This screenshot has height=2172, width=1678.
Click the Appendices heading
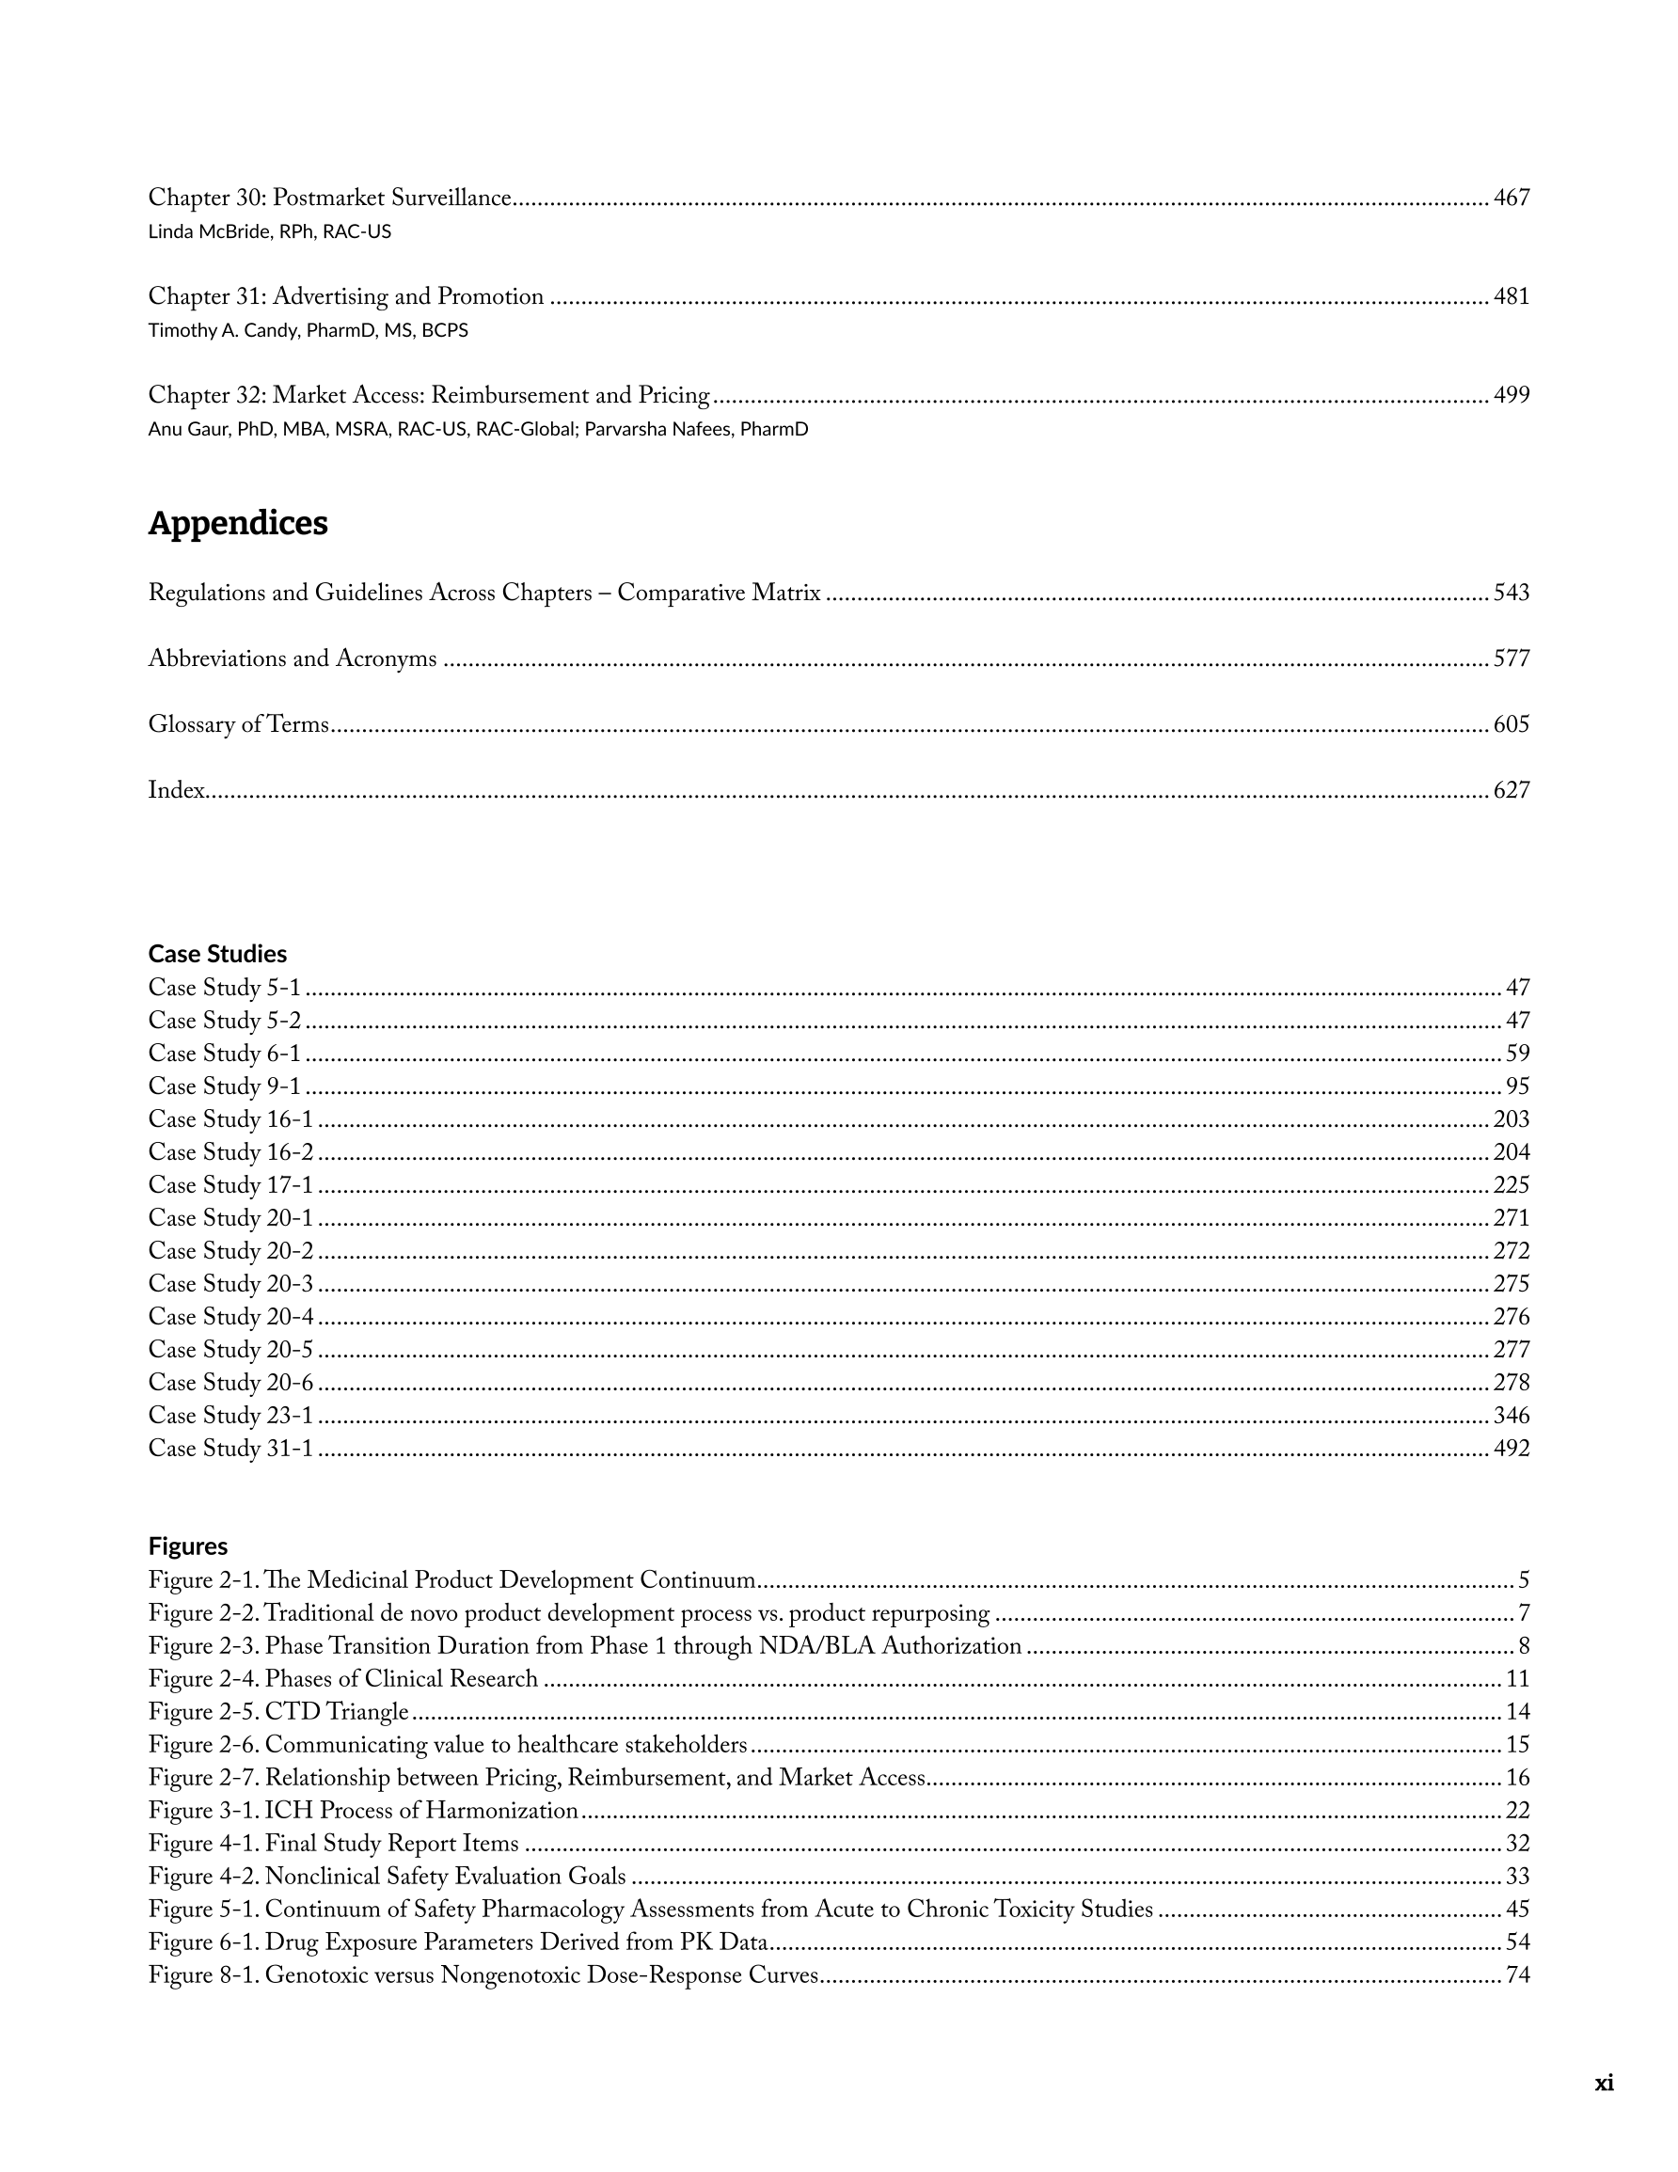coord(238,523)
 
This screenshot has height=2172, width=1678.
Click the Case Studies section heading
coord(217,954)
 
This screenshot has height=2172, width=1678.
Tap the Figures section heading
coord(188,1546)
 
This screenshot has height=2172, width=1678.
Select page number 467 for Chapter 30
coord(1511,198)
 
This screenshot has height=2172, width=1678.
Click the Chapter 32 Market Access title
coord(429,396)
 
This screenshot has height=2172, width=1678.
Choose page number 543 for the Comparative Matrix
coord(1511,593)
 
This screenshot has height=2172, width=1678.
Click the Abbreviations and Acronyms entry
coord(293,658)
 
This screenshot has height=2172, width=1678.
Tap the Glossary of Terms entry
coord(239,724)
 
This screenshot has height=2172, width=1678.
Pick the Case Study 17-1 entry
coord(230,1184)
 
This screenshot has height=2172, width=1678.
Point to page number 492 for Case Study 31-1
coord(1511,1448)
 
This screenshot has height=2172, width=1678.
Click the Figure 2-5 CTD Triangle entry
coord(278,1712)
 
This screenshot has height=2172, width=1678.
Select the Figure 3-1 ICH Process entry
coord(363,1810)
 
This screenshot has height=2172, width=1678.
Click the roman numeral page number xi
coord(1604,2083)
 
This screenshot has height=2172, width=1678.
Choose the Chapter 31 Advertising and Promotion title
coord(346,296)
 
